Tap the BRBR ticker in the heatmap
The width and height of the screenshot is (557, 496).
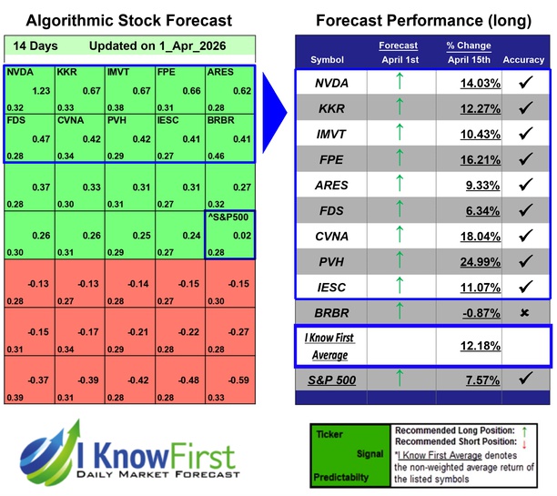pos(221,119)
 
